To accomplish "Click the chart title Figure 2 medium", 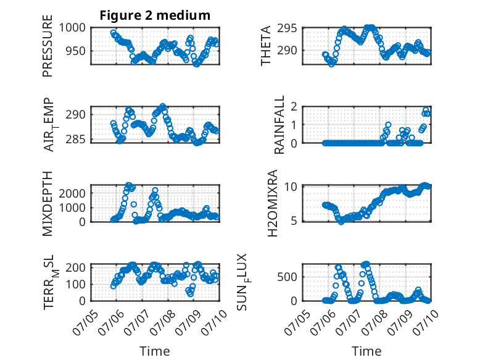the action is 155,15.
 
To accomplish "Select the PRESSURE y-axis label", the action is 48,46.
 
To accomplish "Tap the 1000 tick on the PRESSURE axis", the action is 72,28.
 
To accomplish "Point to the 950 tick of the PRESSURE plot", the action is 76,51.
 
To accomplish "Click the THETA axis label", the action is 266,46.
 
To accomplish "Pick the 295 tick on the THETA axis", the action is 287,28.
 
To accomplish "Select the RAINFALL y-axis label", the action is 279,125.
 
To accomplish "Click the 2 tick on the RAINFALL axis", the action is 294,107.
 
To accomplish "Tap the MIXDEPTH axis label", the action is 48,204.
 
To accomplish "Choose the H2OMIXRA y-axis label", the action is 273,203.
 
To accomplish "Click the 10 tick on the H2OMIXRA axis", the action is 291,186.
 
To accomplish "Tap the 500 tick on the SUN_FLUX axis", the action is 287,277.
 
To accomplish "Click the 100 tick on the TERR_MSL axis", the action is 76,284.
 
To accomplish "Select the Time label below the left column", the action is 155,351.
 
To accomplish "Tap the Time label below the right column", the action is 366,351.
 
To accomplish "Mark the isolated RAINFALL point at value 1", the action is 388,125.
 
